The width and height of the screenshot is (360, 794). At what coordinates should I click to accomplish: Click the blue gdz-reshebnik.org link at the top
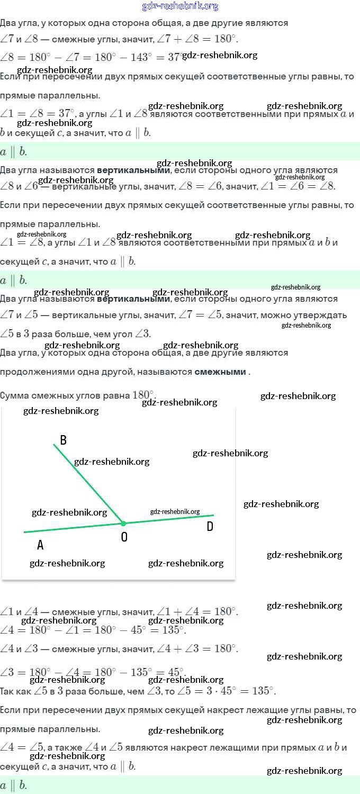(180, 6)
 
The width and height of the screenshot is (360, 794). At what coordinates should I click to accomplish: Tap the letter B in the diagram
(63, 440)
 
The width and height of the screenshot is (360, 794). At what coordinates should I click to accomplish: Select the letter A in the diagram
(40, 545)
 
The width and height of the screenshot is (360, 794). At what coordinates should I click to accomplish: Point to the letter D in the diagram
(210, 526)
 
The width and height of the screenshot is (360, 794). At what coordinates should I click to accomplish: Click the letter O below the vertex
(124, 537)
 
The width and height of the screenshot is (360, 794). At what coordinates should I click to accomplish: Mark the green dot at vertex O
(123, 524)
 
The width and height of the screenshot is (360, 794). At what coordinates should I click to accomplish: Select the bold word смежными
(220, 372)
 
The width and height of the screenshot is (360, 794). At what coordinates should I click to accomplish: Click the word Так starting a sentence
(7, 691)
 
